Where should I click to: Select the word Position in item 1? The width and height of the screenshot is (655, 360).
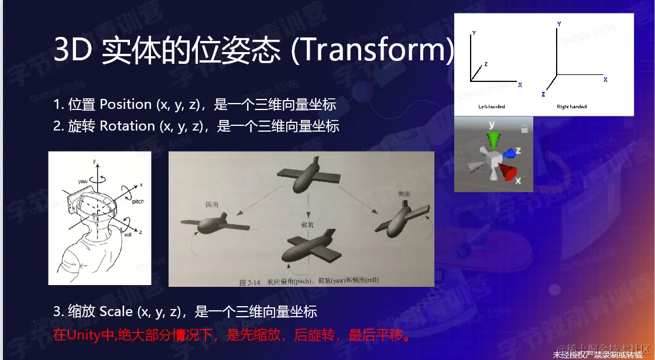point(125,105)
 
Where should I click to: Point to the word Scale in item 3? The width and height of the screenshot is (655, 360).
point(116,311)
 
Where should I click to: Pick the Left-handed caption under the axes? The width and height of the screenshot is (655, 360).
point(491,107)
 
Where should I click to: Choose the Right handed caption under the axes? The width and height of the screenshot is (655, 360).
point(571,107)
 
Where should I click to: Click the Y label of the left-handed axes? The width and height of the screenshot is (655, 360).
point(474,34)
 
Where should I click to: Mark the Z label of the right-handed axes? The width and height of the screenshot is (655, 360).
point(544,94)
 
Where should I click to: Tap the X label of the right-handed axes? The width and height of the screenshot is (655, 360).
point(605,79)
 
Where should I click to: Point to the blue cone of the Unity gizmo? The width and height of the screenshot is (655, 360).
point(510,153)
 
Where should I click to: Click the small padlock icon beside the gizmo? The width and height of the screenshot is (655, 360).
point(524,128)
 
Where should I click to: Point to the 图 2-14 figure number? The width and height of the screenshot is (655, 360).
point(250,281)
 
